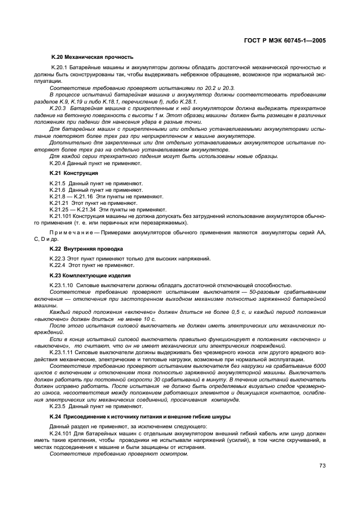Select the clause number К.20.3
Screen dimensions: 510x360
pos(59,108)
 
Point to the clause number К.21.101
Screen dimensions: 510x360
pos(61,216)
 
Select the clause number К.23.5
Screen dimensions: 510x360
pos(58,406)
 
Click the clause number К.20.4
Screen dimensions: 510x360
pos(58,162)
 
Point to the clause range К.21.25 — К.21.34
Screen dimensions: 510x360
pos(73,209)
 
